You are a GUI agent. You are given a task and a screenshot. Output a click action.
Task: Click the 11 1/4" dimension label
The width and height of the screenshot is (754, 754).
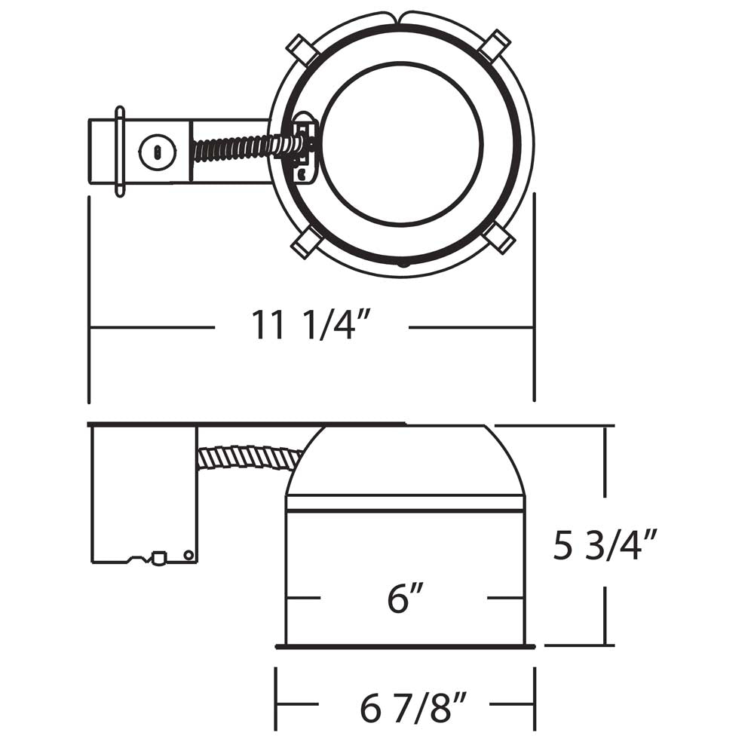pos(311,325)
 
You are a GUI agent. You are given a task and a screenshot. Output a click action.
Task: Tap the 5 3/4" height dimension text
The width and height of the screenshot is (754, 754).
pos(605,545)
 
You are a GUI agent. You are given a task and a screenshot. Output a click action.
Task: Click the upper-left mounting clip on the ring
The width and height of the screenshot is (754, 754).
pos(302,50)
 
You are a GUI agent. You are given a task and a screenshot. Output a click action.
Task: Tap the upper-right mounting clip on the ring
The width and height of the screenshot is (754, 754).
pos(496,45)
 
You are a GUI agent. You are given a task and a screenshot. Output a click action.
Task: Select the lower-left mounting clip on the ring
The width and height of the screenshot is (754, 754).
pos(307,243)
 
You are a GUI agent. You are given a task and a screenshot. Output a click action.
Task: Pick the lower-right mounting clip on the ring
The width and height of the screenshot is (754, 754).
pos(499,238)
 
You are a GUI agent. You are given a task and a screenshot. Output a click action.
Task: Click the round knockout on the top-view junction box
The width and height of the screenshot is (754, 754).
pos(158,152)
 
